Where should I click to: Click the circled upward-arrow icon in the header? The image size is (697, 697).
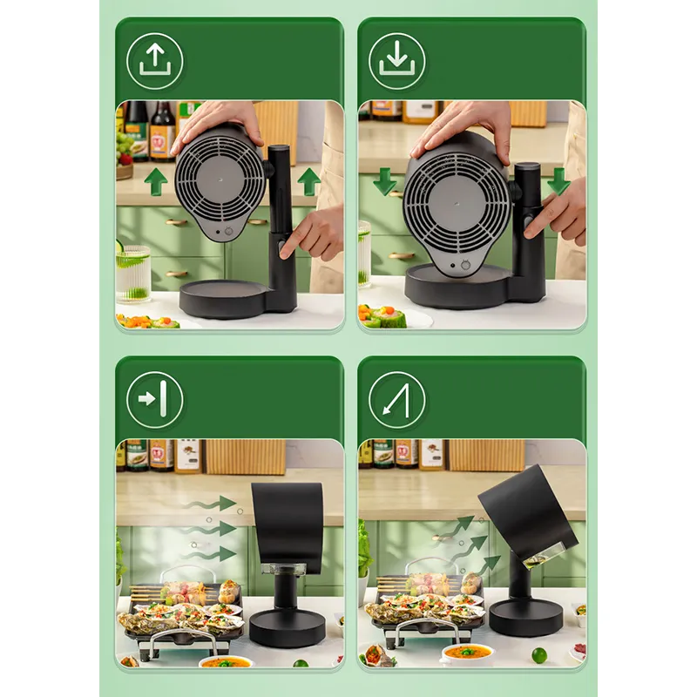click(154, 60)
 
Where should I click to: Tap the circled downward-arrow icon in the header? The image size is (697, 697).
click(396, 60)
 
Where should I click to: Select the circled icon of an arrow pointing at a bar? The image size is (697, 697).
click(154, 400)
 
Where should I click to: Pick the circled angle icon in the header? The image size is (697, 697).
click(396, 400)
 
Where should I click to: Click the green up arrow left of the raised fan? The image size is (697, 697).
click(156, 182)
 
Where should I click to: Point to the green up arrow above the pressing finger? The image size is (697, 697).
click(308, 182)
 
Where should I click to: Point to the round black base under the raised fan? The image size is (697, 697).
click(223, 299)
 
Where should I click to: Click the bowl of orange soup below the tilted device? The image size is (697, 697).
click(468, 653)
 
